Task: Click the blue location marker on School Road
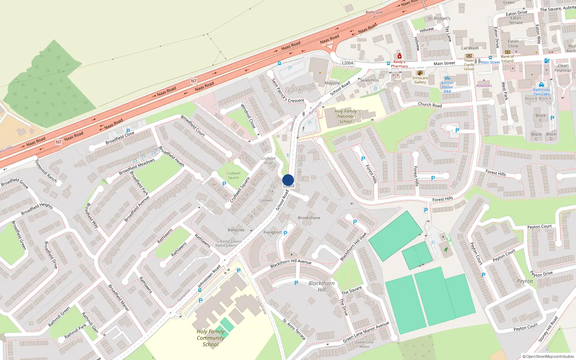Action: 288,180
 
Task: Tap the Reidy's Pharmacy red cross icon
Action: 400,56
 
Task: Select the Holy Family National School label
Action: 346,116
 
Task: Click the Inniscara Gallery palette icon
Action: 420,73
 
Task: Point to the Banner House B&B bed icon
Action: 447,78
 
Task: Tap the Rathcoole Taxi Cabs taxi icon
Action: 541,85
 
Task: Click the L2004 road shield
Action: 347,63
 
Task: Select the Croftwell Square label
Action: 233,175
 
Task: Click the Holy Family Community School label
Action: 211,338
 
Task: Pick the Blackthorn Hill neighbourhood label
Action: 321,286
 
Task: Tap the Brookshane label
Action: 309,218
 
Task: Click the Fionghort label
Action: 273,233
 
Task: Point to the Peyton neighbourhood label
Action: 525,281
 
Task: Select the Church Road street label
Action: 430,105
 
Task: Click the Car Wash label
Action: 470,48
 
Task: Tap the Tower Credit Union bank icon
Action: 469,56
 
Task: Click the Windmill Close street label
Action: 248,116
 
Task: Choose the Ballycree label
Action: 236,230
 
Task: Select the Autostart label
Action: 484,86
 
